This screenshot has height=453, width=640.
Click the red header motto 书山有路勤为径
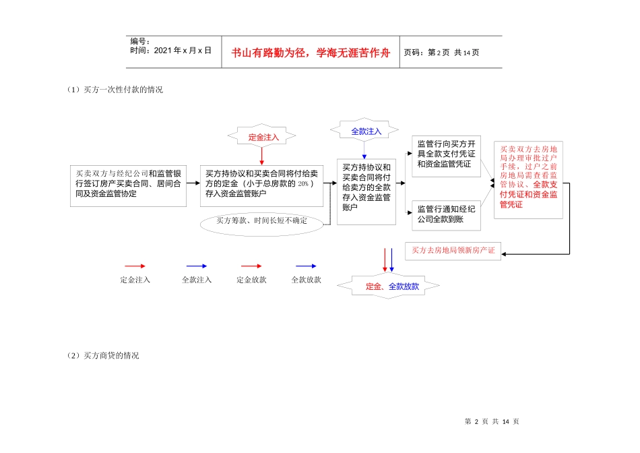(311, 53)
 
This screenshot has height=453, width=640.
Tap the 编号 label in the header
(140, 42)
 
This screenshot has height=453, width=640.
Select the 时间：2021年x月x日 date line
(171, 51)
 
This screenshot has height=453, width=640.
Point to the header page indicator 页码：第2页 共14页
(441, 53)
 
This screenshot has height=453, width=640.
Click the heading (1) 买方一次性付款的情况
(115, 90)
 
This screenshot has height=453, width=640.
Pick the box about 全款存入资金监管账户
(366, 187)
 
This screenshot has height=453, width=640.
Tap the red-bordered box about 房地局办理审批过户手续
(528, 180)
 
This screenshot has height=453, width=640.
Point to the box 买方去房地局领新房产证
(453, 251)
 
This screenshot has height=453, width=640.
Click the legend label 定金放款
(251, 279)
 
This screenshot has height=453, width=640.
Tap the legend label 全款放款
(306, 279)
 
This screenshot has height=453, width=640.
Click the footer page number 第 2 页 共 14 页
(492, 421)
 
